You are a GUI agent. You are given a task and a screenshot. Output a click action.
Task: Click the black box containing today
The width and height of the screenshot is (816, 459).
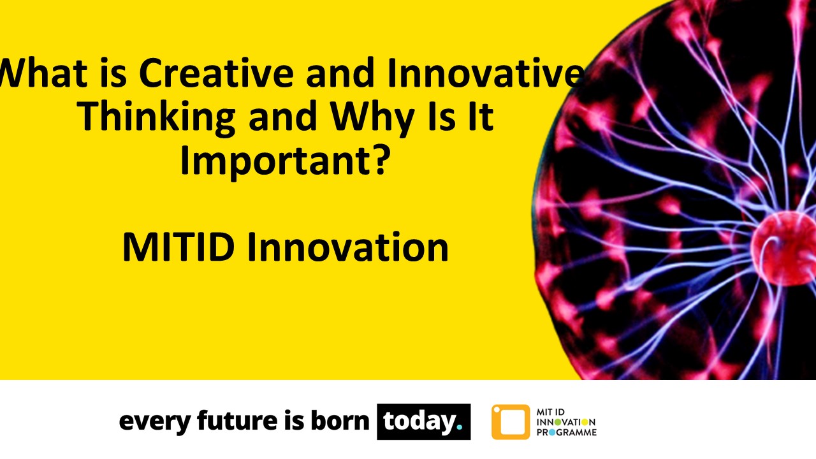tap(423, 422)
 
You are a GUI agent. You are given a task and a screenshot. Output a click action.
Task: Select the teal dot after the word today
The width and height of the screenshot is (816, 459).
tap(459, 428)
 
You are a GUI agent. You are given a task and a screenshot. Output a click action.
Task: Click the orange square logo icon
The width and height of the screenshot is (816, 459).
tap(510, 422)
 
